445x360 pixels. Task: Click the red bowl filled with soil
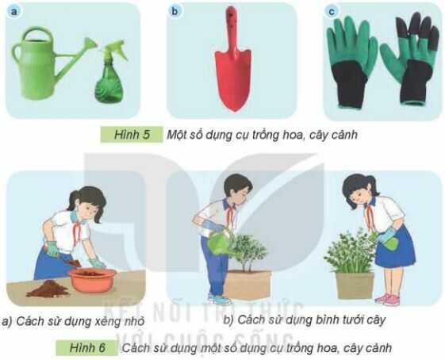91,278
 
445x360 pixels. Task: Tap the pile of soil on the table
47,289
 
